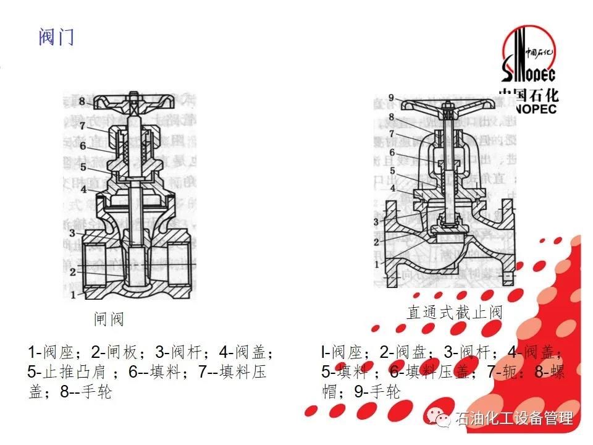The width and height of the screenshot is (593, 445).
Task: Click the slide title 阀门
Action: (56, 37)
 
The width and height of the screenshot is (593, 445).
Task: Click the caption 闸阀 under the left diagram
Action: (109, 319)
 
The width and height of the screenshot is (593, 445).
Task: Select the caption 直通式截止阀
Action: (455, 312)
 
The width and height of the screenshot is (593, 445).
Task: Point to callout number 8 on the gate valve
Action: (82, 101)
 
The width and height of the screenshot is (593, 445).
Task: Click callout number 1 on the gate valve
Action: (73, 295)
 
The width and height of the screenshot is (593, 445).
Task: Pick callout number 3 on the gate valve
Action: (72, 232)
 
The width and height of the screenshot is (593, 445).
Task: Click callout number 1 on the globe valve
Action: (376, 265)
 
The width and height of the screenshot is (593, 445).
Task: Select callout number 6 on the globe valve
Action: (392, 152)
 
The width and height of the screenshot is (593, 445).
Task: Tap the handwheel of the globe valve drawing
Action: (443, 107)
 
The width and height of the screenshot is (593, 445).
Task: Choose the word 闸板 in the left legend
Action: (122, 353)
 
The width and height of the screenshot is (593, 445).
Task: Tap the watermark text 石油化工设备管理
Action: (514, 418)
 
